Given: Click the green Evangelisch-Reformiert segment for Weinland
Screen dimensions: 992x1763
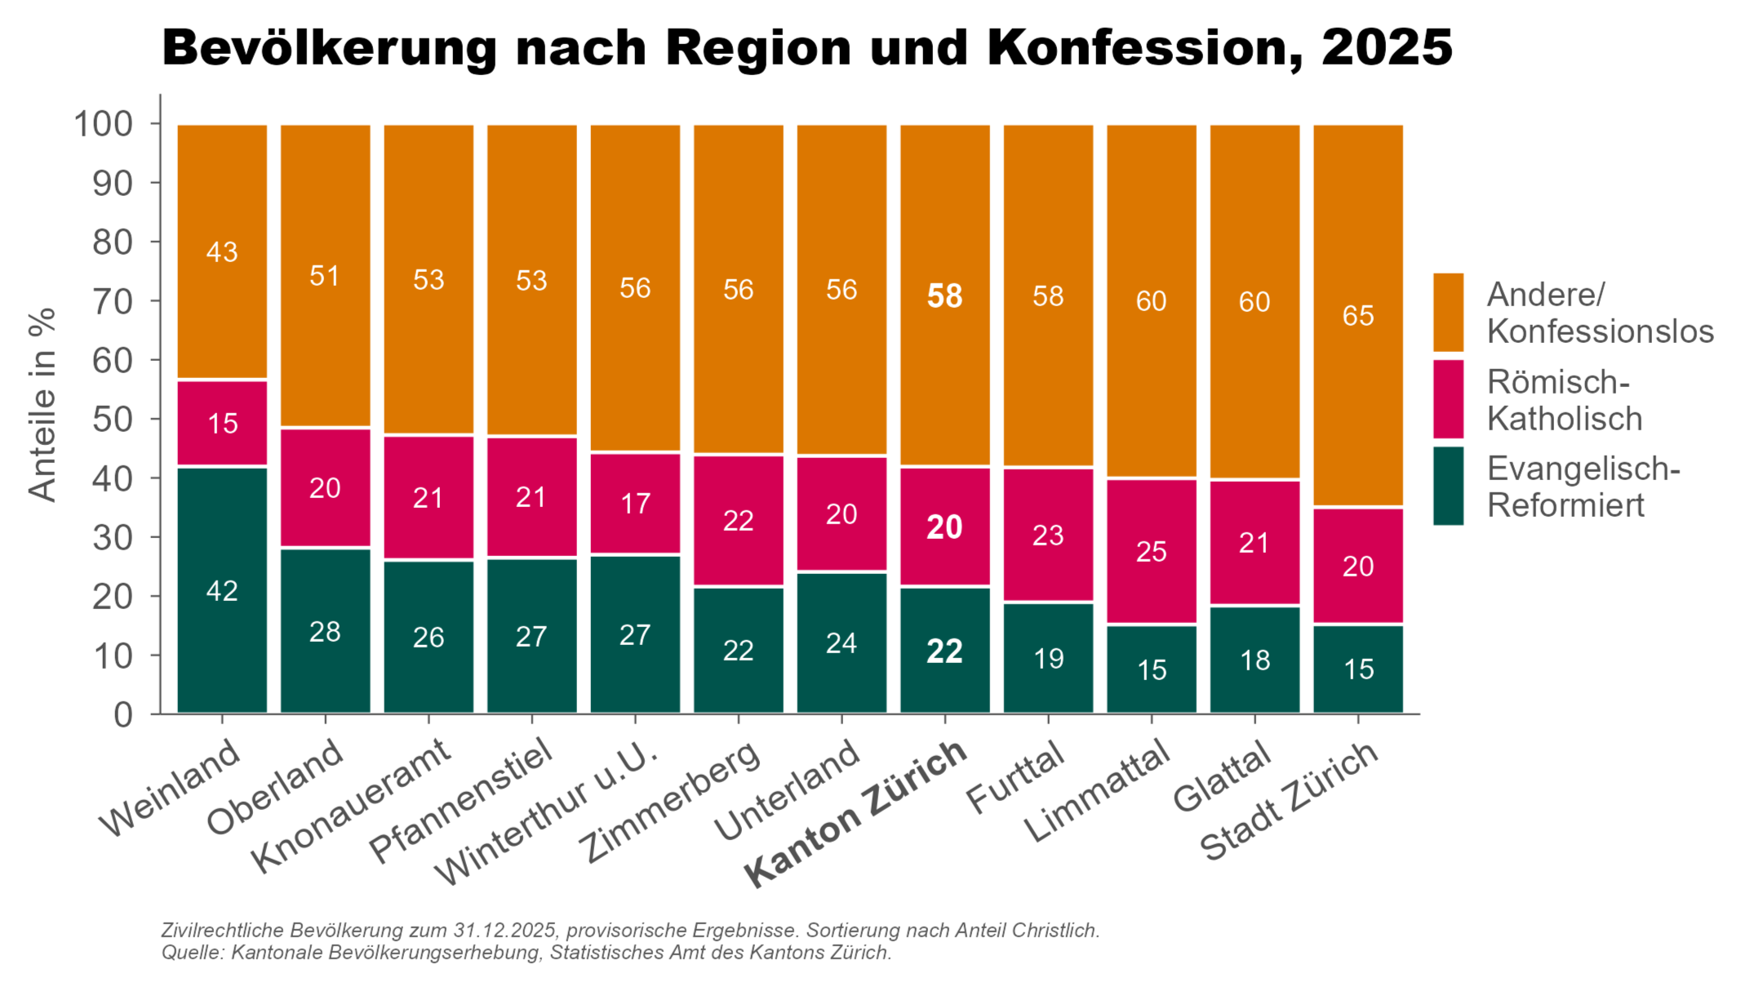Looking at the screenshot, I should pos(222,589).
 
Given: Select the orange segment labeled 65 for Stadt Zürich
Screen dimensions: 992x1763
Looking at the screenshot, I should pos(1357,315).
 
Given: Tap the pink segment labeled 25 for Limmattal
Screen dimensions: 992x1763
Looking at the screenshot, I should pos(1151,551).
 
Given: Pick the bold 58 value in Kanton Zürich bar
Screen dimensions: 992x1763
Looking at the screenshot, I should pos(944,296).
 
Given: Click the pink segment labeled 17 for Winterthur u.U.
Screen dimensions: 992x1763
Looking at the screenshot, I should pos(635,503).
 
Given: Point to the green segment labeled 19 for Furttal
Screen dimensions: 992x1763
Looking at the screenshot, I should pos(1048,658).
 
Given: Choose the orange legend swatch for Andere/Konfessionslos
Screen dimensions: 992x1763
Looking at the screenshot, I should pos(1448,312).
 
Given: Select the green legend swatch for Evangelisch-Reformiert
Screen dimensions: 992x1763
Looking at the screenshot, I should pos(1448,486).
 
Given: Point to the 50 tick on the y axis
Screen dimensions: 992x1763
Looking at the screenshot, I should pos(113,420).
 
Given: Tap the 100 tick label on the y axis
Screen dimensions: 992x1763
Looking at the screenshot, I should pos(104,124).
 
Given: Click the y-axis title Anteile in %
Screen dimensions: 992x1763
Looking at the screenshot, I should pos(42,404).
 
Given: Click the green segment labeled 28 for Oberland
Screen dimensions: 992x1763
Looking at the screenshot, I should pos(325,631).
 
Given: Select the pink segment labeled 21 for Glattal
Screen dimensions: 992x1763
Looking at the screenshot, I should pos(1255,543).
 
